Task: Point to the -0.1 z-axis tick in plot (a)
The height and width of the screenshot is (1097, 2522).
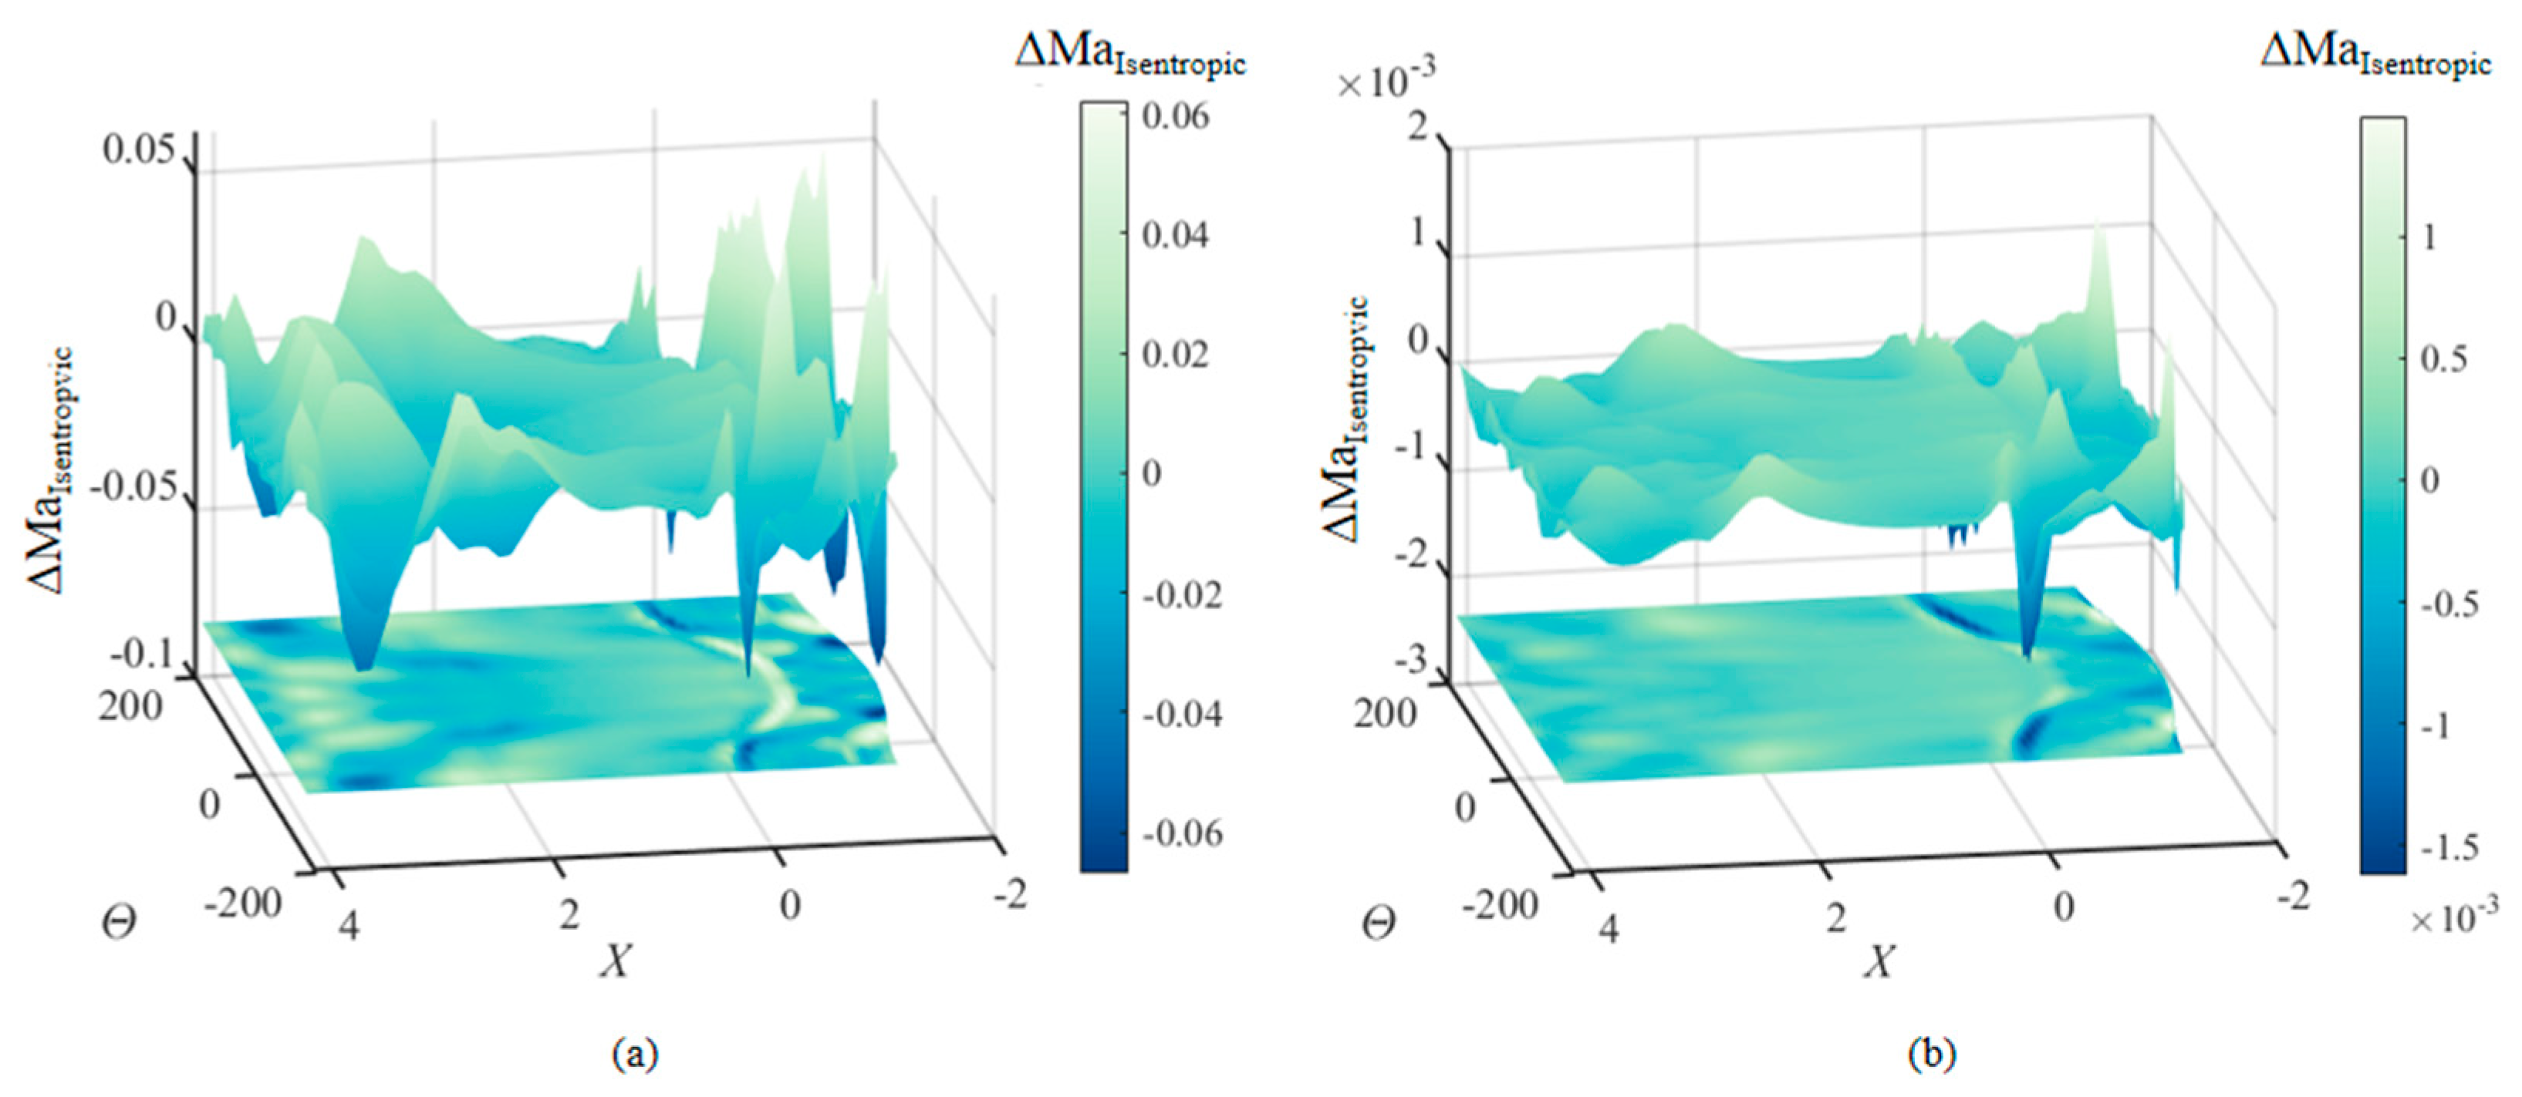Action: [x=143, y=653]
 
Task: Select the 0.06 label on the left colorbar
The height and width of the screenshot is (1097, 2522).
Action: [x=1175, y=116]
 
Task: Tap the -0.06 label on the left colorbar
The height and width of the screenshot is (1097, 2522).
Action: [x=1182, y=833]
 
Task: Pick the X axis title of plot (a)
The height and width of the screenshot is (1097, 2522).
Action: [x=616, y=961]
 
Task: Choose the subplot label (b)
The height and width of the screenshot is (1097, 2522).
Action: [x=1932, y=1054]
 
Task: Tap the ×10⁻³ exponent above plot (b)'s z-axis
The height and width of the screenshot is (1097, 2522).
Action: [x=1386, y=80]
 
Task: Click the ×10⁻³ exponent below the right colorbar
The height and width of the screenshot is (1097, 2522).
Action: [x=2453, y=918]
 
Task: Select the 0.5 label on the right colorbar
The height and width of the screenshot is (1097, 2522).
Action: [x=2443, y=359]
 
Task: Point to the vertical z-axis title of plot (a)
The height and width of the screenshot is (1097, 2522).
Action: [x=49, y=469]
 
